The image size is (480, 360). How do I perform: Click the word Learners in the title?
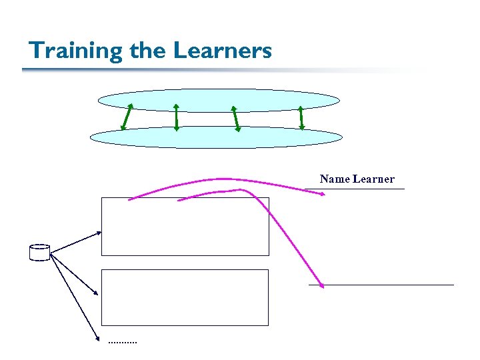(x=223, y=51)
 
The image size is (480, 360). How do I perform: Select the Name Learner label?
(x=357, y=179)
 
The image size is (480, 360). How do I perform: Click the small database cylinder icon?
(x=40, y=253)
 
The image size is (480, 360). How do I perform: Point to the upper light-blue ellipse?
(x=219, y=97)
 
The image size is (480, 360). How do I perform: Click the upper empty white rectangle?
(x=185, y=227)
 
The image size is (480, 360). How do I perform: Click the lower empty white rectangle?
(x=185, y=297)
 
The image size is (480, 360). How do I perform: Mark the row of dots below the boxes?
(x=122, y=343)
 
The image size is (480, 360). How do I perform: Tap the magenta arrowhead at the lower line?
(x=321, y=285)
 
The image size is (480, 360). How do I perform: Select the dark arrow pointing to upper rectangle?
(x=76, y=242)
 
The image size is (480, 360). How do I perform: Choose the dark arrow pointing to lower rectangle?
(x=74, y=273)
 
